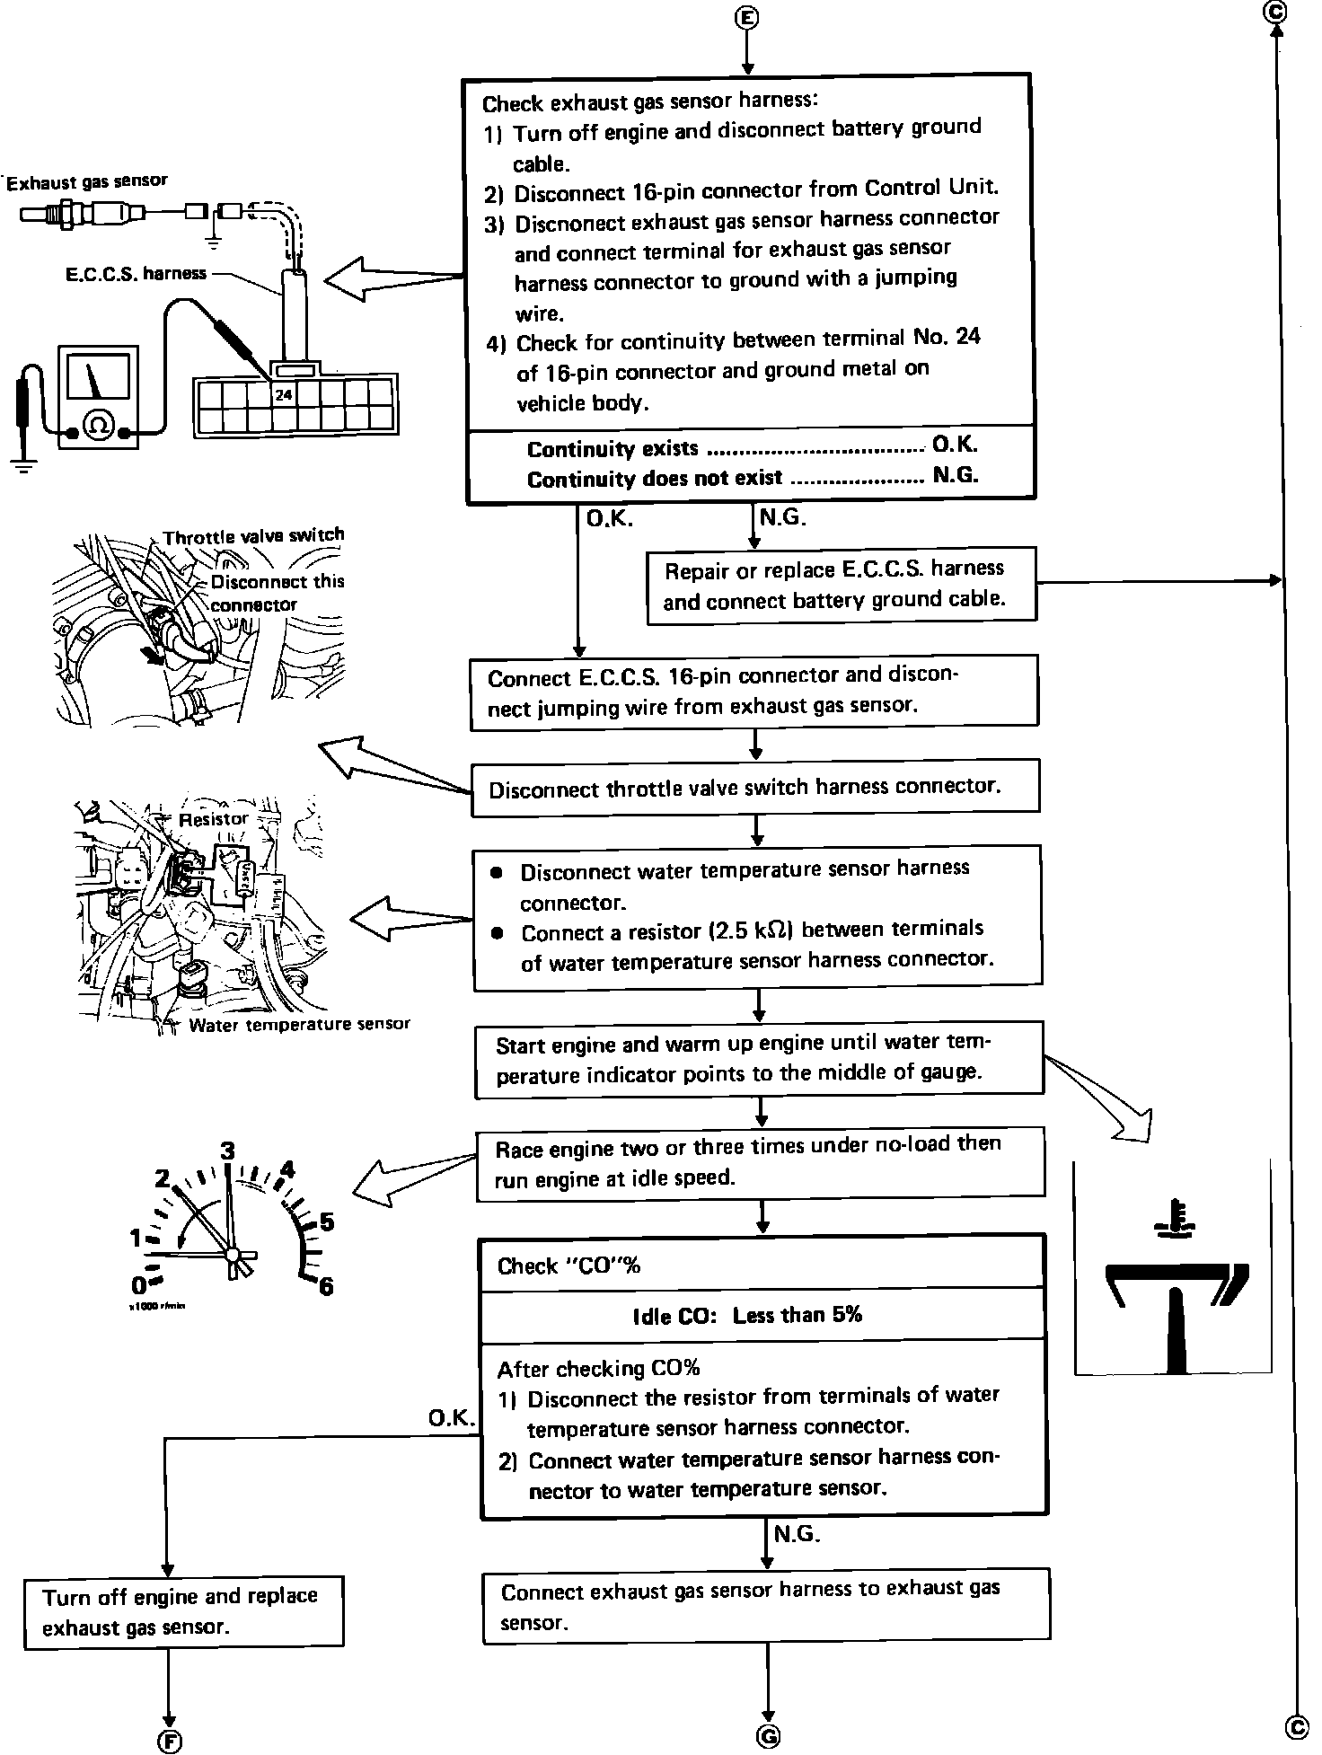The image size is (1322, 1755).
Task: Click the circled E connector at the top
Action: (747, 18)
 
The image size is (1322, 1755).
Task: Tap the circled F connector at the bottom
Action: (169, 1741)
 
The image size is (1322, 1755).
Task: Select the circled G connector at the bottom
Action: (769, 1735)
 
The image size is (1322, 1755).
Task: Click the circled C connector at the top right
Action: (1274, 12)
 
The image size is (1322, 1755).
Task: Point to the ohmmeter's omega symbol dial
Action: (99, 423)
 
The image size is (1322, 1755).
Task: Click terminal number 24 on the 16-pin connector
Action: (284, 394)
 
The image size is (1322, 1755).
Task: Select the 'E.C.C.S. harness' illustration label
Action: (136, 273)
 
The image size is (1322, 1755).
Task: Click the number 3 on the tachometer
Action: (228, 1151)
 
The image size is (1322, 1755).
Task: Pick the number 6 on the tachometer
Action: (326, 1286)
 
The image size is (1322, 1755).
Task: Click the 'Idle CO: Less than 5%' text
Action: (747, 1316)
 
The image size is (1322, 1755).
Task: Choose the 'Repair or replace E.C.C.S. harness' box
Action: (841, 585)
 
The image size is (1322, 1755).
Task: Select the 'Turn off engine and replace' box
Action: (183, 1611)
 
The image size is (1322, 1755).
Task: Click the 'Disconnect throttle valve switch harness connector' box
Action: (755, 789)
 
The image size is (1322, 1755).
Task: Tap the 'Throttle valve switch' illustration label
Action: (253, 536)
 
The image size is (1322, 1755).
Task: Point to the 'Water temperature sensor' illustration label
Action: (299, 1024)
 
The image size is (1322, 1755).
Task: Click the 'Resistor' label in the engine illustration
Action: (213, 819)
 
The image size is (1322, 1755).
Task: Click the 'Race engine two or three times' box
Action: (760, 1161)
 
